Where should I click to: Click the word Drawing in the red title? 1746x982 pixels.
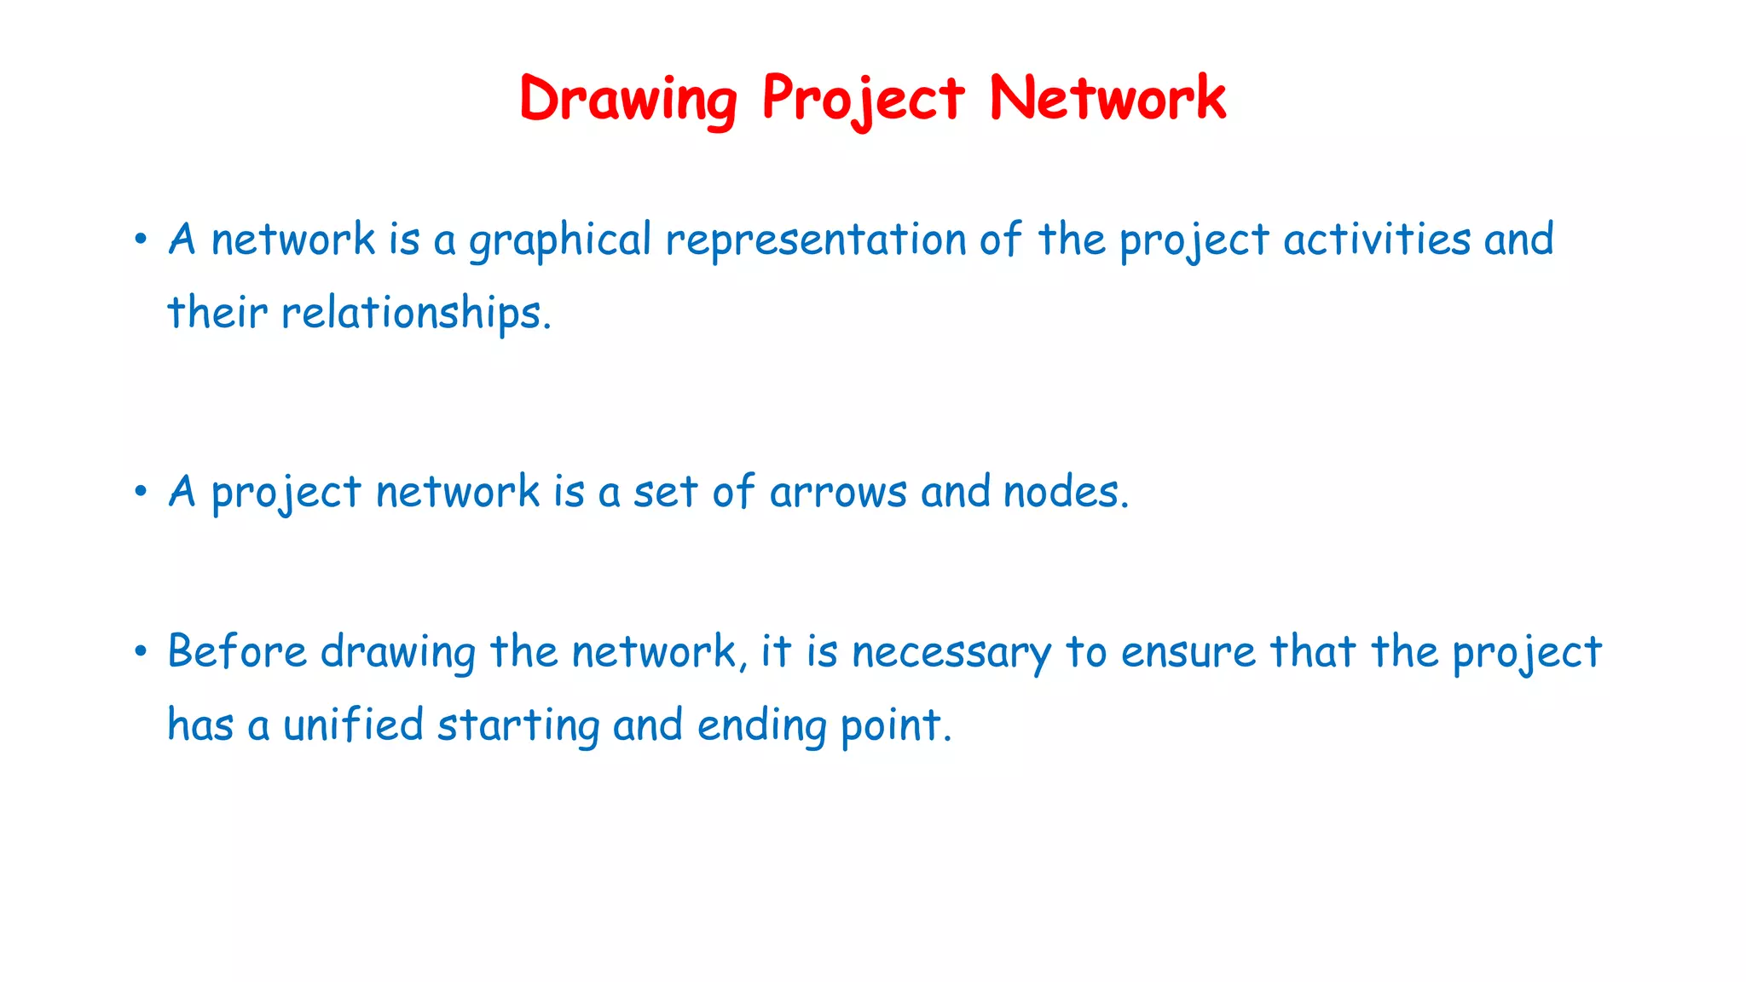[628, 99]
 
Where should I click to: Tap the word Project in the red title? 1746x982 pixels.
[863, 99]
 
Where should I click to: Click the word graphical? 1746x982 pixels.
[560, 240]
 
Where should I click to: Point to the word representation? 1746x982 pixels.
[815, 240]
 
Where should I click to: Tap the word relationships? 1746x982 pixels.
[417, 314]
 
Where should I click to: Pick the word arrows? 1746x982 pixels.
[838, 493]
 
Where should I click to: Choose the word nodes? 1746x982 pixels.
[1066, 493]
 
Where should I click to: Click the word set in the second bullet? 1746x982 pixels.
[666, 493]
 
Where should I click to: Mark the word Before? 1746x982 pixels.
[237, 652]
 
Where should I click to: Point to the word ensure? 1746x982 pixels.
[1188, 653]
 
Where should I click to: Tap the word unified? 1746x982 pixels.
[353, 725]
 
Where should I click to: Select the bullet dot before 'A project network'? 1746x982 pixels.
[141, 492]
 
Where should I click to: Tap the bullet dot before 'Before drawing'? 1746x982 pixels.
[141, 652]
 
